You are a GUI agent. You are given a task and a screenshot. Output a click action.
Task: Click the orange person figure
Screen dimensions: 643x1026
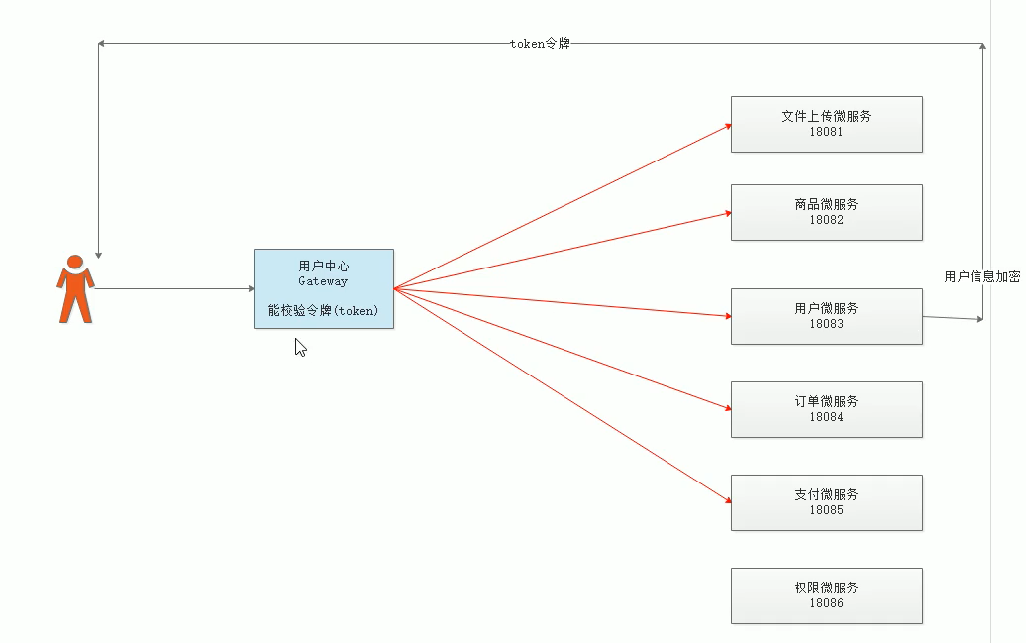(x=75, y=289)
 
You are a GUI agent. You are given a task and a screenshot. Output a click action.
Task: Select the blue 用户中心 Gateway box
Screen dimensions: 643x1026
(x=323, y=288)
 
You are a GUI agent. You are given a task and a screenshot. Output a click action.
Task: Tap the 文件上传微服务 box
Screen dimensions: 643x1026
(x=826, y=124)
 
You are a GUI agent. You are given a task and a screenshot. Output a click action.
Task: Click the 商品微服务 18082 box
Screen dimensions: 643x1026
(x=826, y=212)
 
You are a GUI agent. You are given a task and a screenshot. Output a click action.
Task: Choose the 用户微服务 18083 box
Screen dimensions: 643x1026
(x=826, y=316)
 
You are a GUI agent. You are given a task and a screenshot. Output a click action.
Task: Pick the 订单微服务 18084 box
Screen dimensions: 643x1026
(x=826, y=409)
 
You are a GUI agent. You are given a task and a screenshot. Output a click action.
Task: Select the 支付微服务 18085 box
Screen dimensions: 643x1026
(x=826, y=502)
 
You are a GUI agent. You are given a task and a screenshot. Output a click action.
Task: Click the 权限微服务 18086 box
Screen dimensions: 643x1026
(x=826, y=595)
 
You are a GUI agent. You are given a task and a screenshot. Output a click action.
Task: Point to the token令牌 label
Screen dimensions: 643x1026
(x=540, y=43)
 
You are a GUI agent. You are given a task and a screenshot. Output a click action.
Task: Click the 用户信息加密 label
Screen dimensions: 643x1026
(x=981, y=277)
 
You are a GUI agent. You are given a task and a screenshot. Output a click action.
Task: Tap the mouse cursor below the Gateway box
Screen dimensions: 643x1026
(x=300, y=347)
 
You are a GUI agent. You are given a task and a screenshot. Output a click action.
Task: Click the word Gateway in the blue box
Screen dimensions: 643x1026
(x=323, y=281)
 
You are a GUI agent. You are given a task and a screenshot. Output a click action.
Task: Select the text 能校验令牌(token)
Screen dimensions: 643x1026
(x=323, y=310)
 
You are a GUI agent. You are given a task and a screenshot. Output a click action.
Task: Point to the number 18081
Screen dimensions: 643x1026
(x=826, y=132)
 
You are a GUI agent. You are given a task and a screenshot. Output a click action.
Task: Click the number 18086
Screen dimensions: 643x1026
(x=826, y=602)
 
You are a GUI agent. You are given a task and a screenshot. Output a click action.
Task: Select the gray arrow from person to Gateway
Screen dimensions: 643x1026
(x=173, y=289)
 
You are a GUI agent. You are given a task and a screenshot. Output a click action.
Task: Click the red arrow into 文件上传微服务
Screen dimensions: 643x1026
(x=563, y=206)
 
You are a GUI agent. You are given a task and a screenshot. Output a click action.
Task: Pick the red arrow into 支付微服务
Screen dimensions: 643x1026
(x=563, y=395)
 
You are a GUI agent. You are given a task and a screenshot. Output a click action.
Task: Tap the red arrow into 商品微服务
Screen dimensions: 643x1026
(x=563, y=250)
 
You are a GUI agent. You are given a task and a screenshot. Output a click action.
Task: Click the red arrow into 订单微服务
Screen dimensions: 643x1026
(x=563, y=348)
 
